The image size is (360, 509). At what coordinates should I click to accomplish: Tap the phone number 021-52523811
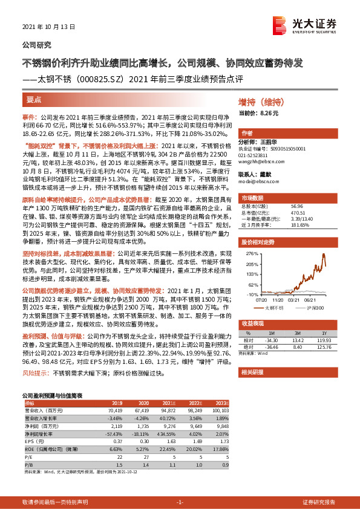pos(255,155)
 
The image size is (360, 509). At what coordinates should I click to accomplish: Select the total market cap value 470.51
pos(298,212)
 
